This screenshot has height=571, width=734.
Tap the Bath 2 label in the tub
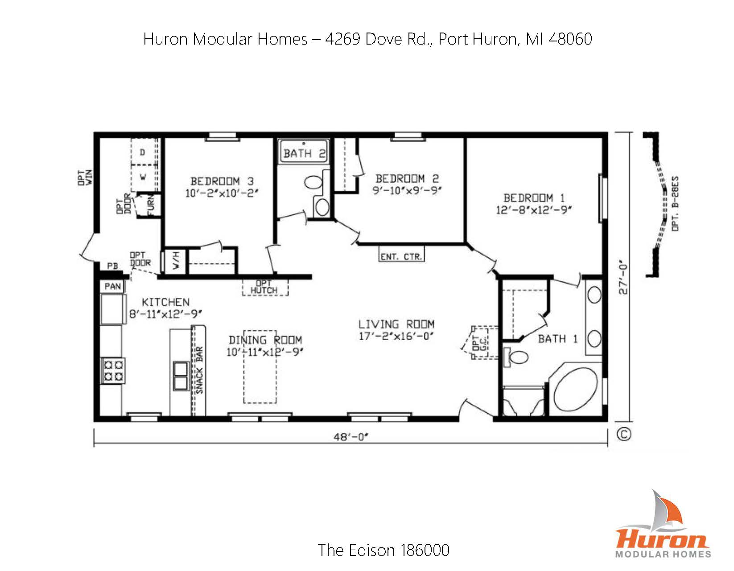304,154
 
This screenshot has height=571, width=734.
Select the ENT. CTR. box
401,257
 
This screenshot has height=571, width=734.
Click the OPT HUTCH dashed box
265,288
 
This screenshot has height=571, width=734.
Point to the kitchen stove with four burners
112,370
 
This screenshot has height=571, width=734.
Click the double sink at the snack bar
181,376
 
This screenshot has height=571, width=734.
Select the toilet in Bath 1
516,356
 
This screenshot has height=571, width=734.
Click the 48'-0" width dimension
351,437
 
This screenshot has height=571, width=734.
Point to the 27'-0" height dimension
623,279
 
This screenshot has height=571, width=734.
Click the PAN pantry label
112,286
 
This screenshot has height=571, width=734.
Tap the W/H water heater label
176,260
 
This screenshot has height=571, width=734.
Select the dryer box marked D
143,152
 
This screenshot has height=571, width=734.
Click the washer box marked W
143,177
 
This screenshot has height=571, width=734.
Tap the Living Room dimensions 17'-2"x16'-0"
396,336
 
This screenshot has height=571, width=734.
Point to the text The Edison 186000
383,550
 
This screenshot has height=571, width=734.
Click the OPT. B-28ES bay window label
675,204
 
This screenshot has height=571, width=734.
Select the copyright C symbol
624,434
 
